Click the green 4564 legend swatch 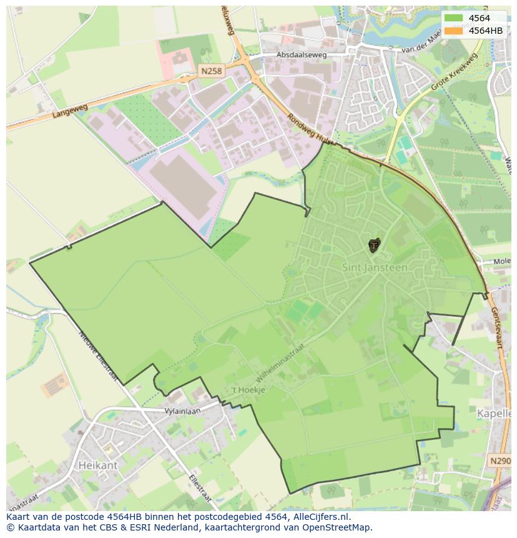[x=453, y=18]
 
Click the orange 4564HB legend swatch [x=453, y=30]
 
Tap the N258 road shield [x=211, y=71]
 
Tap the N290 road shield [x=500, y=461]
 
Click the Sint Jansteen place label [x=375, y=267]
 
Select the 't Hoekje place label [x=249, y=389]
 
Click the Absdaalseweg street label [x=302, y=55]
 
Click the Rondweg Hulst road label [x=308, y=128]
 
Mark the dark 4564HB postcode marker [x=374, y=245]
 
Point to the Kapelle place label [x=495, y=414]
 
